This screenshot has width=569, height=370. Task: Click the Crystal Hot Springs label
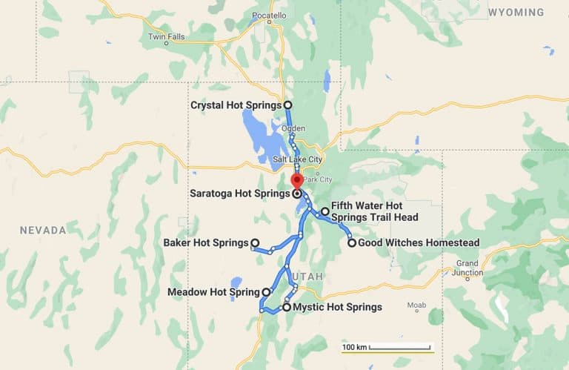point(236,105)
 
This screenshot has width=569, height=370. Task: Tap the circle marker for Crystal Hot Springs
point(287,105)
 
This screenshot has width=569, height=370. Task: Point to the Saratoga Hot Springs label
point(240,194)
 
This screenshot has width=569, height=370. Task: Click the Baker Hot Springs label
point(205,242)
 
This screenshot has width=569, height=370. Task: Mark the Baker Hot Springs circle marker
point(254,242)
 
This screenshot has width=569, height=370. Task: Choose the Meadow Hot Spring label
point(214,292)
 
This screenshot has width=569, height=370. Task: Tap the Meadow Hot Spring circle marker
point(266,292)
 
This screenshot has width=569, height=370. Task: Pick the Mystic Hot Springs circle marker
point(287,307)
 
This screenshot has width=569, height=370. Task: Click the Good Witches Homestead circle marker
point(352,242)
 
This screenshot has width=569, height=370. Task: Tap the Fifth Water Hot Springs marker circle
point(325,211)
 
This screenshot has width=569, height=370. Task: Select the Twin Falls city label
point(166,36)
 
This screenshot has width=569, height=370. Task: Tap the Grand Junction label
point(467,268)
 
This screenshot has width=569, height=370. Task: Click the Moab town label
point(416,305)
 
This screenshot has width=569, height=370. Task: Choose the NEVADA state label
point(43,231)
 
